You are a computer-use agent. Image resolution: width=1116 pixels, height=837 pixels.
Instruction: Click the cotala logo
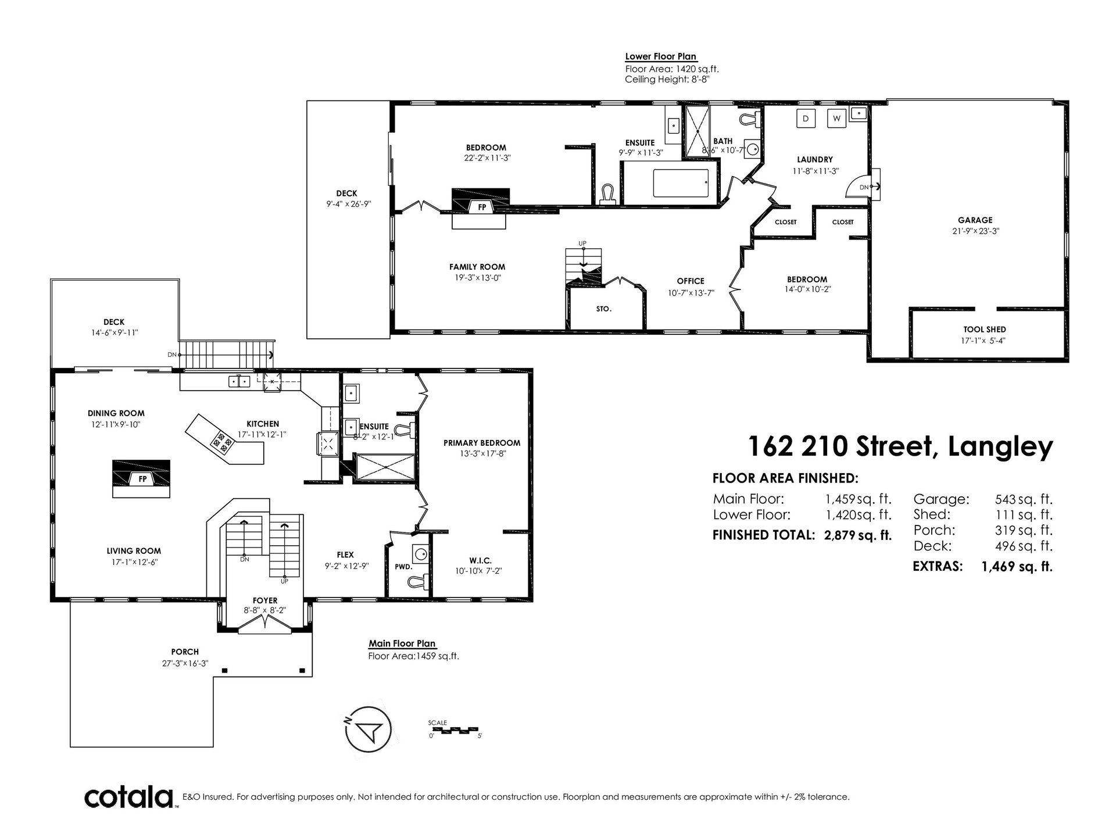[x=131, y=797]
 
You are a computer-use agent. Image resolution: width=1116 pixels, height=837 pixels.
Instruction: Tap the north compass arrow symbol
[x=369, y=729]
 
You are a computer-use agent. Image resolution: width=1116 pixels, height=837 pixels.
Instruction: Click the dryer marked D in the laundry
[x=806, y=118]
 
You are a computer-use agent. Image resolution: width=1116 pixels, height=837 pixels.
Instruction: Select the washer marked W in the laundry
[x=837, y=118]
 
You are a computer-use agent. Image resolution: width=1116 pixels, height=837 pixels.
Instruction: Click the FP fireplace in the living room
[x=141, y=478]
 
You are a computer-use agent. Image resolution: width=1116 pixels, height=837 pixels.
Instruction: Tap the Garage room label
[x=975, y=220]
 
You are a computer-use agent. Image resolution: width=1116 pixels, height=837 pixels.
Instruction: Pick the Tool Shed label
[x=984, y=330]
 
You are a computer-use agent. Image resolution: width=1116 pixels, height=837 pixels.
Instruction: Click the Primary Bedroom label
[x=482, y=443]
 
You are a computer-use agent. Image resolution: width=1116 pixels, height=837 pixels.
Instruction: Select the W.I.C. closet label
[x=480, y=560]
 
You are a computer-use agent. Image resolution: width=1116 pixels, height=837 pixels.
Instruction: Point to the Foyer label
[x=264, y=600]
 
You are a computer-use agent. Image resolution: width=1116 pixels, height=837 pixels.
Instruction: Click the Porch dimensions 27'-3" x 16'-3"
[x=185, y=663]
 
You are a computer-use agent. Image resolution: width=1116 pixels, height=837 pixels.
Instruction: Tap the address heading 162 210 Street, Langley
[x=900, y=446]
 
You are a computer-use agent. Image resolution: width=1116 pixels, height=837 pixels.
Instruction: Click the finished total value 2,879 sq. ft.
[x=858, y=535]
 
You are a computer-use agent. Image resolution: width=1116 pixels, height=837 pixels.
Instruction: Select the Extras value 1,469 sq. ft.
[x=1017, y=566]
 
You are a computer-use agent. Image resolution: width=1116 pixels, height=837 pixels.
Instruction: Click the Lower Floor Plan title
[x=661, y=57]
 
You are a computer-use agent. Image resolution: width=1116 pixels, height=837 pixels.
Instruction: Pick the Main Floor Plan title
[x=402, y=644]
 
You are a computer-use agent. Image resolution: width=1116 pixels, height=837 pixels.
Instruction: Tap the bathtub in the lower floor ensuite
[x=681, y=184]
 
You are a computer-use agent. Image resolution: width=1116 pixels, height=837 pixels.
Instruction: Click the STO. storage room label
[x=604, y=309]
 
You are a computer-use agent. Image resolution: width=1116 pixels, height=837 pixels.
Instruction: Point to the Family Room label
[x=477, y=267]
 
